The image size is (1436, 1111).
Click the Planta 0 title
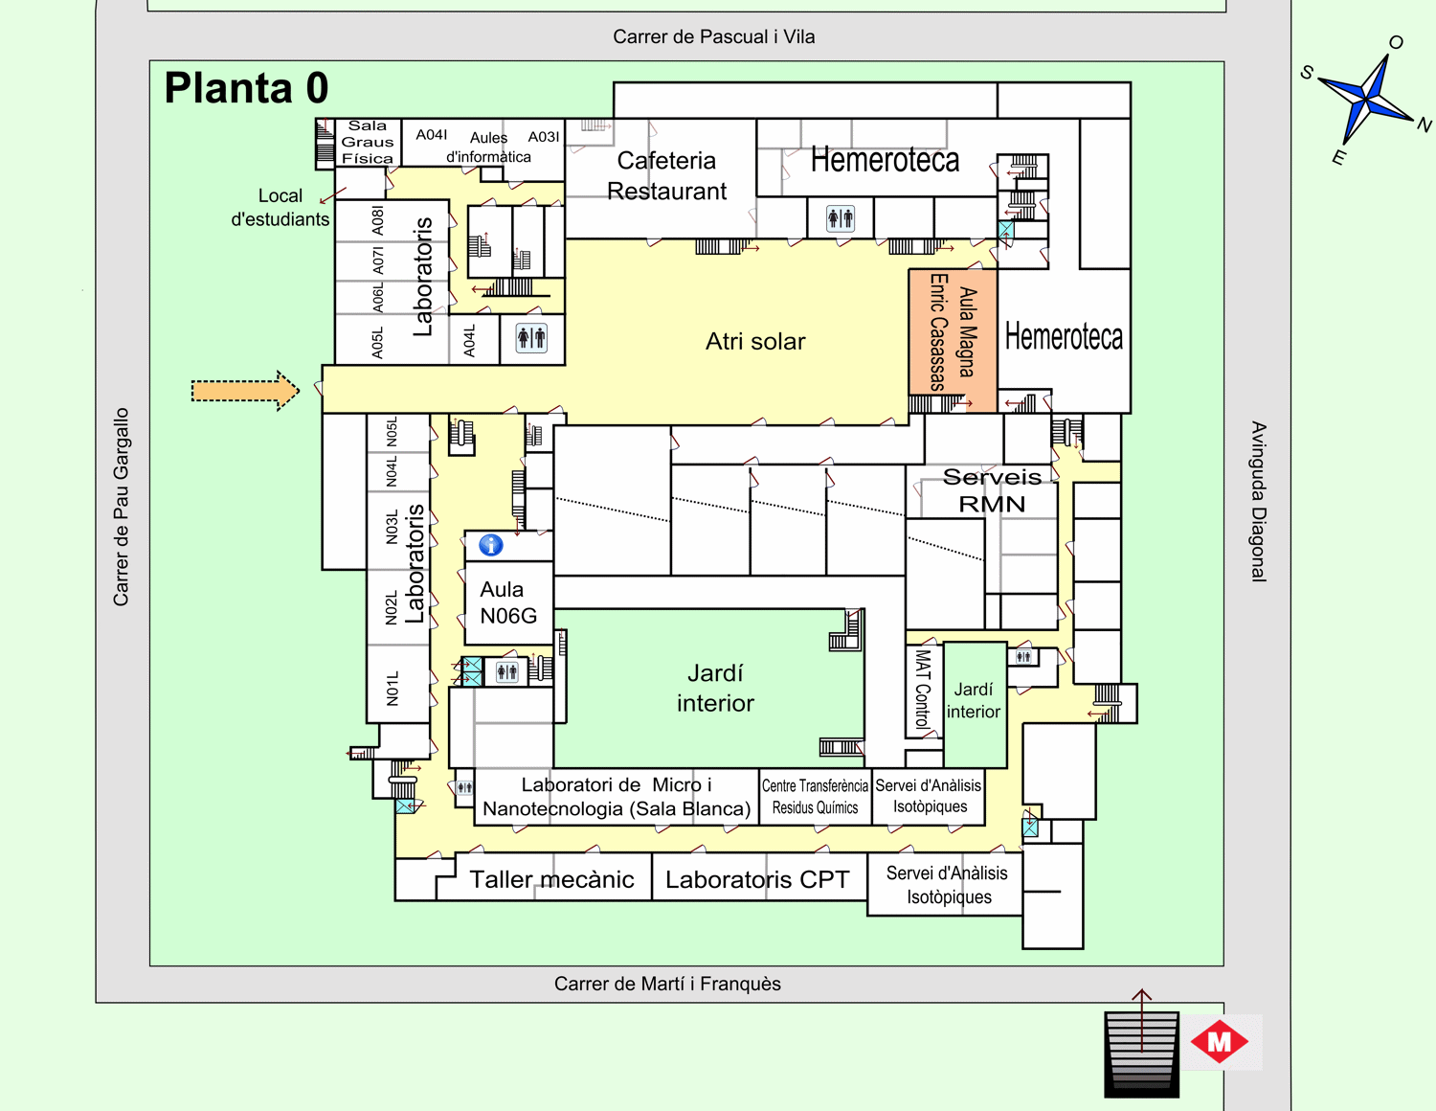point(246,88)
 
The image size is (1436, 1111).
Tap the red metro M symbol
point(1219,1041)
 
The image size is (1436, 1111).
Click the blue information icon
point(491,545)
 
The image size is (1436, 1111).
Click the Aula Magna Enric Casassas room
point(953,331)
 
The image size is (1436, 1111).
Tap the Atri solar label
point(755,341)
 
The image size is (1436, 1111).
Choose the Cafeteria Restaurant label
point(666,175)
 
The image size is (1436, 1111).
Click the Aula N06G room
point(507,602)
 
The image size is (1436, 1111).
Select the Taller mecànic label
point(551,879)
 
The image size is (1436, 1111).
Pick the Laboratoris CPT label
point(757,879)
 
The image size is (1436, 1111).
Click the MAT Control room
point(923,690)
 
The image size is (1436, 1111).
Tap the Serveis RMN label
point(992,490)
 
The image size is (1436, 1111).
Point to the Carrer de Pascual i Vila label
point(713,36)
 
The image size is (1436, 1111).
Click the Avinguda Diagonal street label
point(1258,501)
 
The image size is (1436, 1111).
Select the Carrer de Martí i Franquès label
point(667,984)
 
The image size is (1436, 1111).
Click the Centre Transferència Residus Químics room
point(815,796)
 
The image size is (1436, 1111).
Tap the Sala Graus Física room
point(368,142)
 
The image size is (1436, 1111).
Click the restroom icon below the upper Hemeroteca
point(840,218)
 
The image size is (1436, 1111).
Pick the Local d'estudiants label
point(280,207)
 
